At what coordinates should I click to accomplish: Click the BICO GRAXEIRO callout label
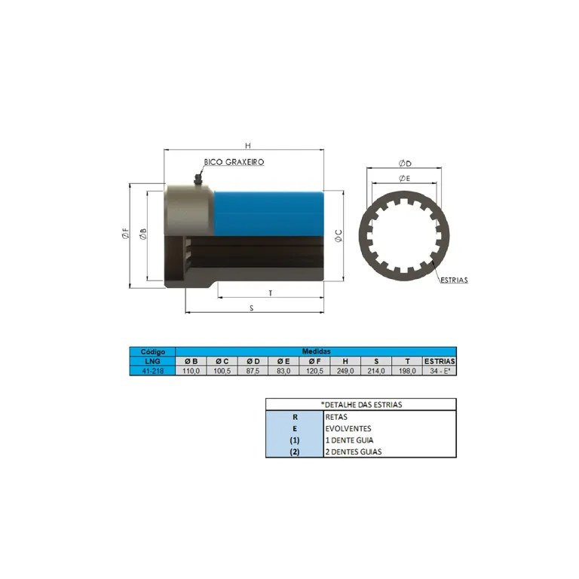coord(234,162)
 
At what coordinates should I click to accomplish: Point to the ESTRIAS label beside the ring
coord(454,280)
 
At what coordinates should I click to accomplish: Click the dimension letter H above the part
coord(248,146)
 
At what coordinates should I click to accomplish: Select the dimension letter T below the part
coord(271,293)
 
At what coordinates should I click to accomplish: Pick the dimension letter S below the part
coord(252,308)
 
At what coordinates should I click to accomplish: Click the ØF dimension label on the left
coord(126,234)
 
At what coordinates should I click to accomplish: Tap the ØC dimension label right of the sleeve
coord(339,235)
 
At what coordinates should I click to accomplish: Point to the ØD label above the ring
coord(405,163)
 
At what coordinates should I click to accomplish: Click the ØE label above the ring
coord(405,179)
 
